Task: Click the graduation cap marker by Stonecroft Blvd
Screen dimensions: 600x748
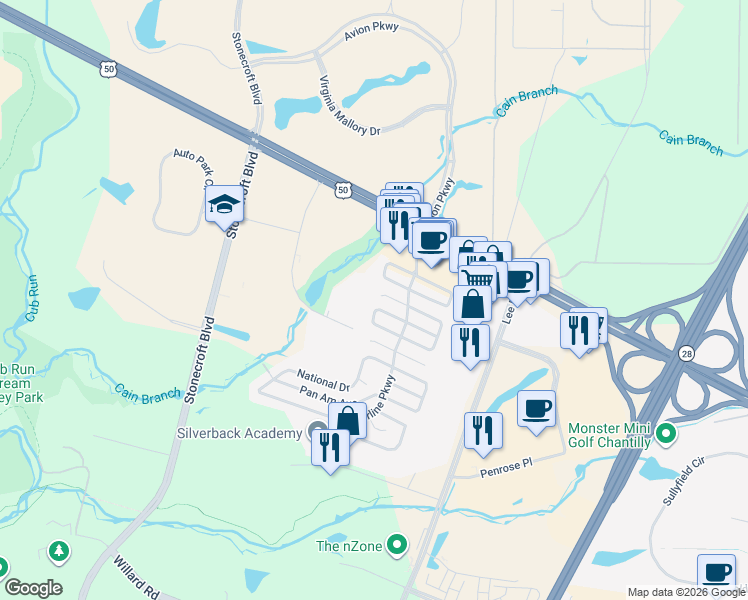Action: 224,206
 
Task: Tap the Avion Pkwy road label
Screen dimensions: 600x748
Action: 371,31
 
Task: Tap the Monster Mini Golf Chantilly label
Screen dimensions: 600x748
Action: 609,435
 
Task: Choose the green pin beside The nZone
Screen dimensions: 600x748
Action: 398,545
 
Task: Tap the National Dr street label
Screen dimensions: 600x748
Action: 322,380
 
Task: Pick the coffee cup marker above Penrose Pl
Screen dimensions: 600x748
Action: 537,408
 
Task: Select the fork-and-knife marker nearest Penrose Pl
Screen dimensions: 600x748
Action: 483,430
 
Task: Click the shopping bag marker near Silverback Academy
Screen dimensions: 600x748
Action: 347,419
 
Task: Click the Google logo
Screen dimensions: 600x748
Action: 33,587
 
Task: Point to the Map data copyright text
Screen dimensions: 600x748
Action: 686,592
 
